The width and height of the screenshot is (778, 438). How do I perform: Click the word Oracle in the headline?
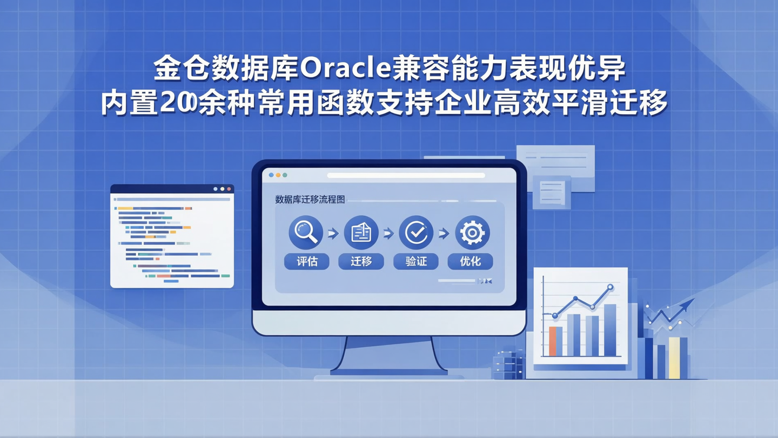coord(344,70)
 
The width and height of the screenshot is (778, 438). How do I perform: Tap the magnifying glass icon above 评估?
coord(306,233)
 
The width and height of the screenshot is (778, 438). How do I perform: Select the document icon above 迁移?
coord(361,233)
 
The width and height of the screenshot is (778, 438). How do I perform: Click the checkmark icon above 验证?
coord(416,233)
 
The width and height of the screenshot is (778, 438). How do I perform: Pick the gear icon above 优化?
coord(472,233)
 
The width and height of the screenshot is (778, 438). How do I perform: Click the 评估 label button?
coord(306,262)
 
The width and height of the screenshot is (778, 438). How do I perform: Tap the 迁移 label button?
coord(361,262)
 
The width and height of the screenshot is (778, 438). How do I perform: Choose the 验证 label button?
coord(416,262)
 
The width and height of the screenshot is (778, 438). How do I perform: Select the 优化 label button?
coord(471,262)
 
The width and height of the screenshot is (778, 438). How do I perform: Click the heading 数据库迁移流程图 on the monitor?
coord(310,200)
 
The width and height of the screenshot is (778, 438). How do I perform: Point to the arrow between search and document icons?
coord(333,234)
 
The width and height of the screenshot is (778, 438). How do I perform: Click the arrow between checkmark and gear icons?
coord(444,234)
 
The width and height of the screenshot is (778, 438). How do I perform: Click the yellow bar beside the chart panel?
coord(674,357)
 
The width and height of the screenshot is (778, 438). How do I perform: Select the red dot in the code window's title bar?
coord(229,189)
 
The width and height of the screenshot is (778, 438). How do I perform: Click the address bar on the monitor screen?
coord(406,175)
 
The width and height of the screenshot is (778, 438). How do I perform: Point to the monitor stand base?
coord(388,372)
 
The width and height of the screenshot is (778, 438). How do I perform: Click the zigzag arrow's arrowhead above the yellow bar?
coord(689,304)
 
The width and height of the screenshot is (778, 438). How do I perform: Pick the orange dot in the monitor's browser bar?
coord(278,175)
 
